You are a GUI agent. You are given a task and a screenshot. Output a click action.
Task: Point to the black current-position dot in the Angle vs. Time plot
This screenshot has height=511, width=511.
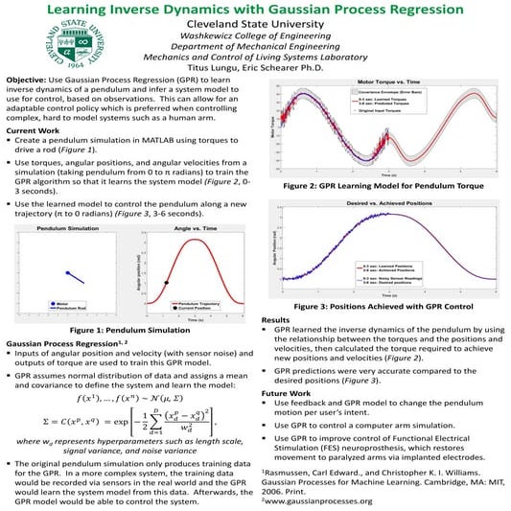point(166,282)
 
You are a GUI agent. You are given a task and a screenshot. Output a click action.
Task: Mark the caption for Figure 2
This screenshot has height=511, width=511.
point(381,188)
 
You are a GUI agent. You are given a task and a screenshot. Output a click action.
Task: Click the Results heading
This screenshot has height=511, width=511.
point(276,318)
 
